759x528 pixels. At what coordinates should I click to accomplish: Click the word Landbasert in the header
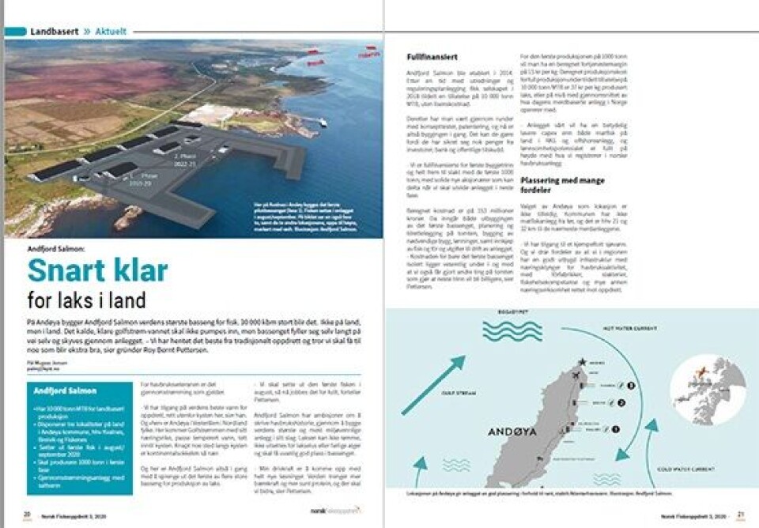54,32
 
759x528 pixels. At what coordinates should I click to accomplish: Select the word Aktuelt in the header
111,32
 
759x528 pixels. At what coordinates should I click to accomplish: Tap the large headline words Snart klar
98,271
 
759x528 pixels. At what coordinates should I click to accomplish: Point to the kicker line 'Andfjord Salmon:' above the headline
55,247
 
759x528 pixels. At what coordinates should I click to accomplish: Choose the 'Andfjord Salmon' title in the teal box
66,390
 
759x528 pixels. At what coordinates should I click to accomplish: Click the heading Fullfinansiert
430,57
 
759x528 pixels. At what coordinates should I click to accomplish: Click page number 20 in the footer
26,514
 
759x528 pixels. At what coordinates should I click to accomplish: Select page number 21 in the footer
741,514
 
